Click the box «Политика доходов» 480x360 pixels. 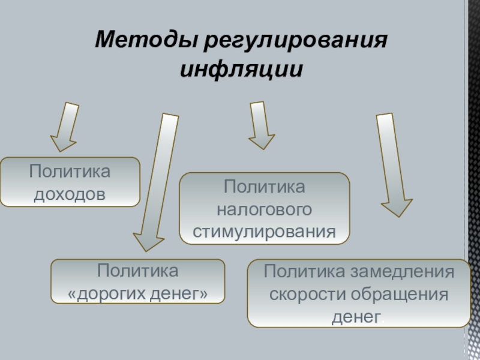70,182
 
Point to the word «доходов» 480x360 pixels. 70,193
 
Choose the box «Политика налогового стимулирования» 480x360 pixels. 265,208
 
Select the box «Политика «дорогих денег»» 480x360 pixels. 138,281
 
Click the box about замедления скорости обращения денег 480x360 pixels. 359,293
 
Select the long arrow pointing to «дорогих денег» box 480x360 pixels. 155,180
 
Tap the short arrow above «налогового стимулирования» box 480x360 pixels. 260,125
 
